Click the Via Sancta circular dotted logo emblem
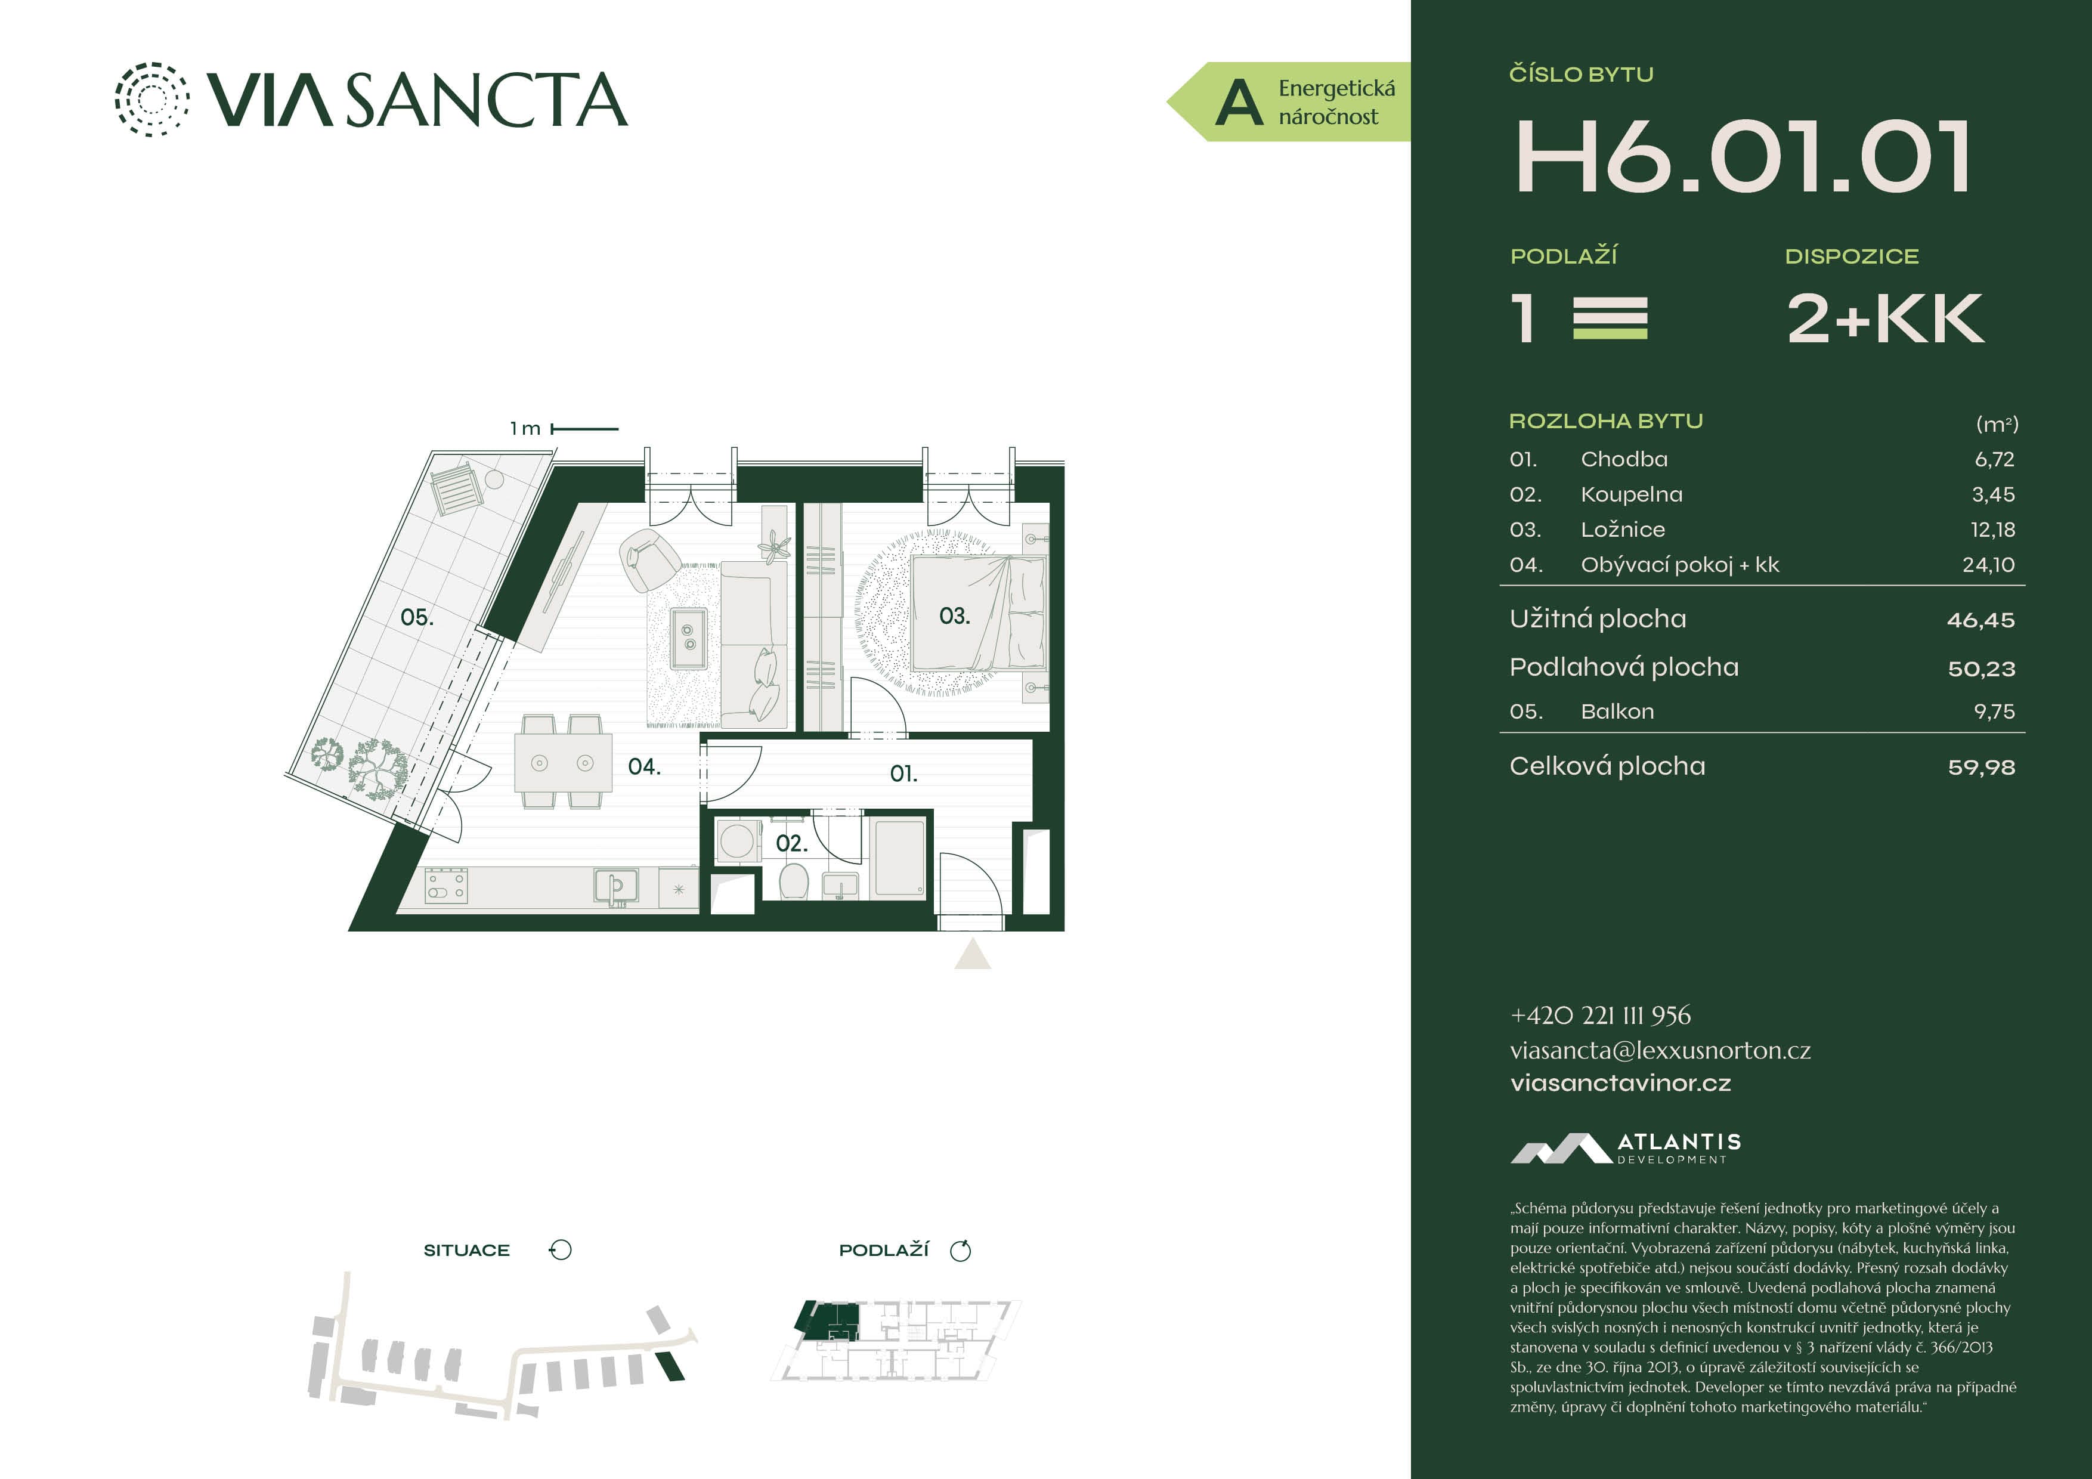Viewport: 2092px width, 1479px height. click(152, 100)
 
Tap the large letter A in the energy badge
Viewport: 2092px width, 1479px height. click(1239, 102)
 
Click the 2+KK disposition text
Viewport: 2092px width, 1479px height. click(1884, 319)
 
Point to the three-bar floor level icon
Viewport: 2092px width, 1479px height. click(1610, 318)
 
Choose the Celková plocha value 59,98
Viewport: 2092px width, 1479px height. click(1981, 768)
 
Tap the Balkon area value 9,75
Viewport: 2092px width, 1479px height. click(1995, 711)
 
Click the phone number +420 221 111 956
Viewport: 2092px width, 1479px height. click(1600, 1015)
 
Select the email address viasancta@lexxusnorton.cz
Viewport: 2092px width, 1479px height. click(1660, 1051)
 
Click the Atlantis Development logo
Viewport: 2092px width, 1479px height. click(1626, 1148)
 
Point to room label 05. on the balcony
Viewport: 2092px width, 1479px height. click(417, 618)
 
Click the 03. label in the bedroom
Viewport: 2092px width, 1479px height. click(955, 616)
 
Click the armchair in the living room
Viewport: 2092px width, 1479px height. click(649, 559)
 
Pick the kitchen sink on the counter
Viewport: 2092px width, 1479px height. click(616, 886)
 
